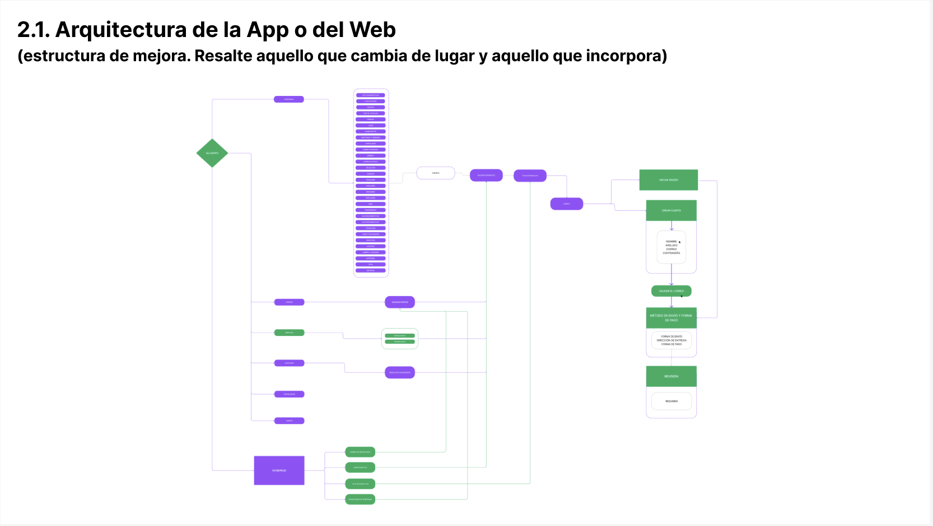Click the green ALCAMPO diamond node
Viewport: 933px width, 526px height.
pos(212,153)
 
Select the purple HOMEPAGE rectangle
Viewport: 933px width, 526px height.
pos(279,470)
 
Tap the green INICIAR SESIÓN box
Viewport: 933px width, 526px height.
pos(668,180)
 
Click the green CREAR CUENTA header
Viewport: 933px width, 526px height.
pos(671,210)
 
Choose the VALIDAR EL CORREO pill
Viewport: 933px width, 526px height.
pos(671,291)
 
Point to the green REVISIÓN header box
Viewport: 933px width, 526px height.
pos(671,376)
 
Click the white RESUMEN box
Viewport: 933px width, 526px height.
pos(671,401)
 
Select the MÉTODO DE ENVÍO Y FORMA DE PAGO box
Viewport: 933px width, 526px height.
pos(671,318)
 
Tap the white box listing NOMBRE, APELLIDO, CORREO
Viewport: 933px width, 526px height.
pos(671,247)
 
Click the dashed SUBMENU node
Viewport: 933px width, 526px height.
pos(436,173)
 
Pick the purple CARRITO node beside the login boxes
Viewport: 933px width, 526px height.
pos(567,204)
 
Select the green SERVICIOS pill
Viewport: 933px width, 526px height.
pos(289,333)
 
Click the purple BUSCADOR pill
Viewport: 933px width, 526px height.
pos(289,363)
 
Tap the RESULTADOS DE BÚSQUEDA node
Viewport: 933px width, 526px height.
pos(400,372)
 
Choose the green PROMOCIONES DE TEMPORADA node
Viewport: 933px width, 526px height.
pos(360,499)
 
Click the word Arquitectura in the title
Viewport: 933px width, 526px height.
pos(120,30)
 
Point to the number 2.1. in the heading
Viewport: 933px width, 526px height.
pos(34,30)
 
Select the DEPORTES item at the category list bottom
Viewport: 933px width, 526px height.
pos(371,270)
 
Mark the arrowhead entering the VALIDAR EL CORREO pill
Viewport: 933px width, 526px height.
pos(671,284)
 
